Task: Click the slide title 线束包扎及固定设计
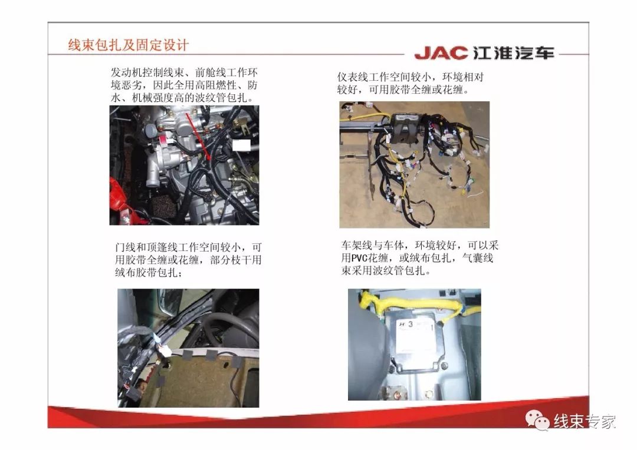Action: tap(128, 45)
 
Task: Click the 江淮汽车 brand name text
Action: tap(514, 53)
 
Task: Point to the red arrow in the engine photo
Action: tap(199, 136)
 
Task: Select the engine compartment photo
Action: tap(184, 165)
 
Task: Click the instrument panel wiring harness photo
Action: tap(415, 164)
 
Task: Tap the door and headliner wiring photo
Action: tap(188, 348)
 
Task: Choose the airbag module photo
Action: tap(415, 345)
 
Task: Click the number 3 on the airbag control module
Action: tap(411, 324)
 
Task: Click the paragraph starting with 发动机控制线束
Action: tap(184, 85)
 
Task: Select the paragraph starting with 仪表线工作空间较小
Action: tap(411, 83)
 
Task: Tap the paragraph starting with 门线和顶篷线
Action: tap(188, 260)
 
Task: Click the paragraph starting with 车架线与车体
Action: tap(420, 257)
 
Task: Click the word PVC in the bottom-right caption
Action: tap(359, 258)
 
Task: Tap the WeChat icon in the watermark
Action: tap(537, 419)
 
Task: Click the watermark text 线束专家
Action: tap(584, 422)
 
